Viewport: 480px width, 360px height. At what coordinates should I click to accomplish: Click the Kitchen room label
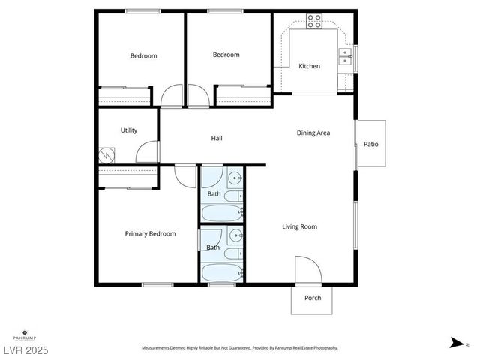point(309,66)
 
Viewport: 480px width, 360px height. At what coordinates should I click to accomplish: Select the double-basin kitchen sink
point(346,58)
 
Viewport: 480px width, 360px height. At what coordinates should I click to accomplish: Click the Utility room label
point(129,130)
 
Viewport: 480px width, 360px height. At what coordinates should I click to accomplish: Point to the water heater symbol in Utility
point(106,155)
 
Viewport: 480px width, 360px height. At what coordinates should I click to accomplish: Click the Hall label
point(217,138)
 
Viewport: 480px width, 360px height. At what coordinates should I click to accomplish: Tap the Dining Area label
point(313,133)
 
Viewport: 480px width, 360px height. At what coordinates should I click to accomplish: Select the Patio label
point(370,144)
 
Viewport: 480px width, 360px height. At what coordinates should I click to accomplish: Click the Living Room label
point(299,226)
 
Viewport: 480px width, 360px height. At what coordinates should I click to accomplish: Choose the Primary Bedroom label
point(150,233)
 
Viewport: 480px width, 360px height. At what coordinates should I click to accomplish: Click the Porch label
point(313,298)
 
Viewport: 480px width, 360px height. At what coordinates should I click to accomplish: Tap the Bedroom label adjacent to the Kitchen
point(226,55)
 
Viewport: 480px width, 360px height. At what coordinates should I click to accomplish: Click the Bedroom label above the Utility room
point(143,55)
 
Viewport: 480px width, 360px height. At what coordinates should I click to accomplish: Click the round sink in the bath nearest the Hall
point(235,179)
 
